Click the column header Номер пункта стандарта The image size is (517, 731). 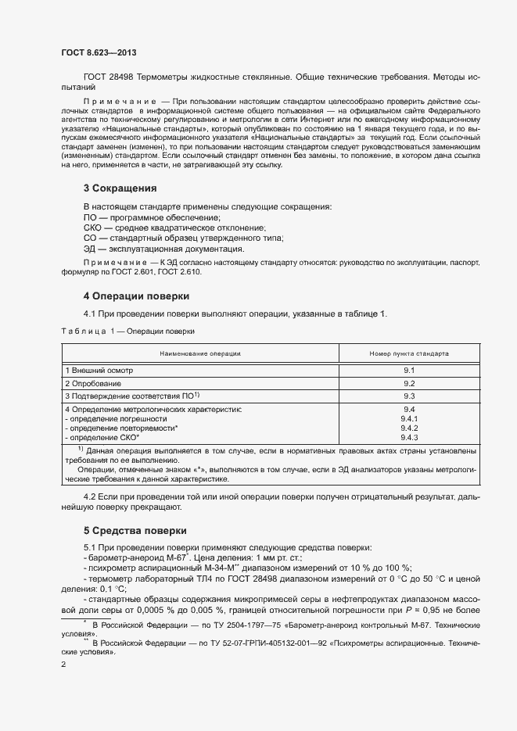(x=409, y=353)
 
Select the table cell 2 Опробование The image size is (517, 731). (x=93, y=384)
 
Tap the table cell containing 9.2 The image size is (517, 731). (x=408, y=384)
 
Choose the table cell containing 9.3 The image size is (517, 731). (x=408, y=397)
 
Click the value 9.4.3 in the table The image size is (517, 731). (x=409, y=438)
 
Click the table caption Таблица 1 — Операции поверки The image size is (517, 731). (x=127, y=331)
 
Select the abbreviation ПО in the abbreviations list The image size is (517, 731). (x=89, y=217)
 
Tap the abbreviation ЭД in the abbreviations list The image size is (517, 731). (x=89, y=249)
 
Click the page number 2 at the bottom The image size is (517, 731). (x=63, y=664)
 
